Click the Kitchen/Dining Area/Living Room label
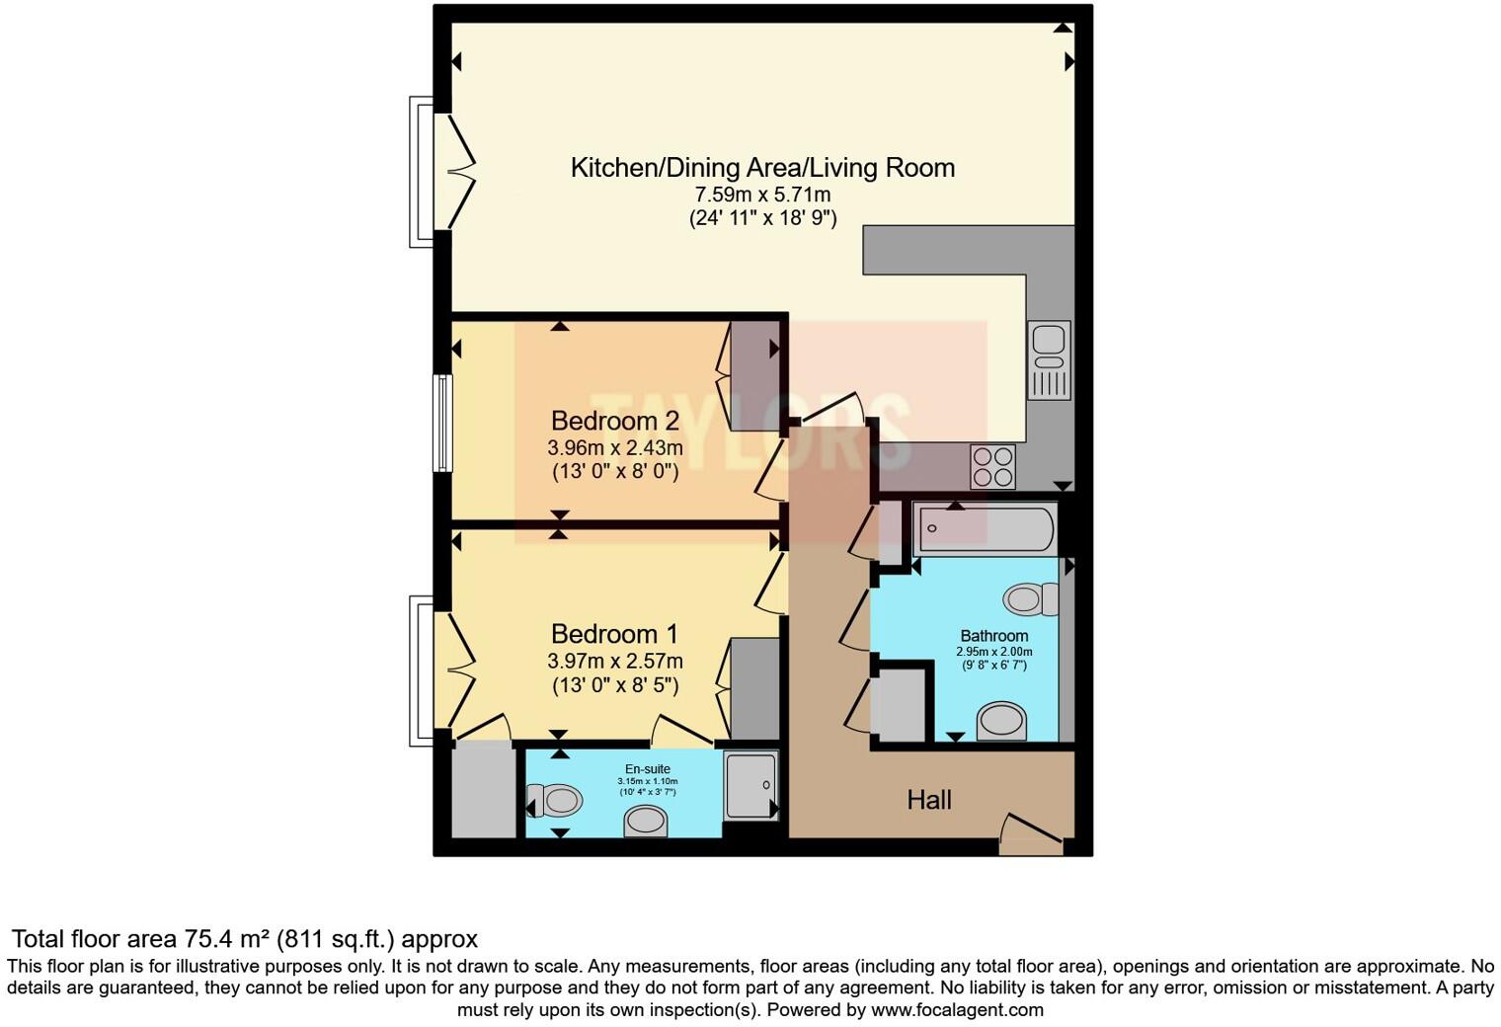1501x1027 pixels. click(762, 168)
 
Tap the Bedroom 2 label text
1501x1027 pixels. click(614, 422)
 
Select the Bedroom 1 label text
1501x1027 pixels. click(614, 634)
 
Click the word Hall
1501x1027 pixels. click(928, 800)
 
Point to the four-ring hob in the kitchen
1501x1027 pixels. click(992, 467)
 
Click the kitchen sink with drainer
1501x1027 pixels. click(1048, 359)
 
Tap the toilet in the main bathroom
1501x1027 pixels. click(1030, 599)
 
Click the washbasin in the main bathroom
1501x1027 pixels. click(1001, 721)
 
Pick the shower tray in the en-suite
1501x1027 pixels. click(750, 785)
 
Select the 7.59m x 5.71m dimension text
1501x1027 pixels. click(762, 195)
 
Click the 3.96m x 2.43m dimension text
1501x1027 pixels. click(614, 448)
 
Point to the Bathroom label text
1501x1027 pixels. click(994, 636)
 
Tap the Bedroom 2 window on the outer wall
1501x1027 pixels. click(444, 423)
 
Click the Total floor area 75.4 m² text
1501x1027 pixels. click(244, 939)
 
